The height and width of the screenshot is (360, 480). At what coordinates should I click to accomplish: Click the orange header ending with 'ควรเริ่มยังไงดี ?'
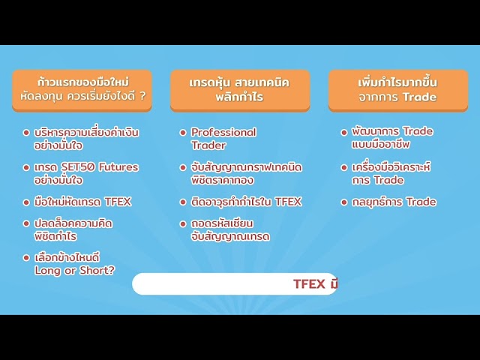[x=82, y=89]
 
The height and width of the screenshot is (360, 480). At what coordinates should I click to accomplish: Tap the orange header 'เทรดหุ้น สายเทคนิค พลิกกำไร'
[x=239, y=89]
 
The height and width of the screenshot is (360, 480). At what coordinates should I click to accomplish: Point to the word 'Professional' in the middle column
[x=223, y=132]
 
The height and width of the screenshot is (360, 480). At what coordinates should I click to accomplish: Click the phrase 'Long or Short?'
[x=75, y=270]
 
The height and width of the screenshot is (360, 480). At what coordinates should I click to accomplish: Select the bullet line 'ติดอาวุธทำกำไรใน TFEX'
[x=246, y=202]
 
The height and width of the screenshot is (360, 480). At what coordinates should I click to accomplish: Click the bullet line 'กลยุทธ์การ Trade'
[x=394, y=202]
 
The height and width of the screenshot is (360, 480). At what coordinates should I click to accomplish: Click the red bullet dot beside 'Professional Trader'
[x=183, y=133]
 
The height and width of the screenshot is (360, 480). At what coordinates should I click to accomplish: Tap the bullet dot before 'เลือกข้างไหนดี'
[x=26, y=257]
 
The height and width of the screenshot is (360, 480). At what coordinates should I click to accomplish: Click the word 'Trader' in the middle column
[x=208, y=145]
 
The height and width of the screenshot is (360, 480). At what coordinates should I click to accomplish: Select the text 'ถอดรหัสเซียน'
[x=223, y=223]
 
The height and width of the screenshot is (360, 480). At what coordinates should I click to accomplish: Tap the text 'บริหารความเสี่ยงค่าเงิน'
[x=87, y=132]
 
